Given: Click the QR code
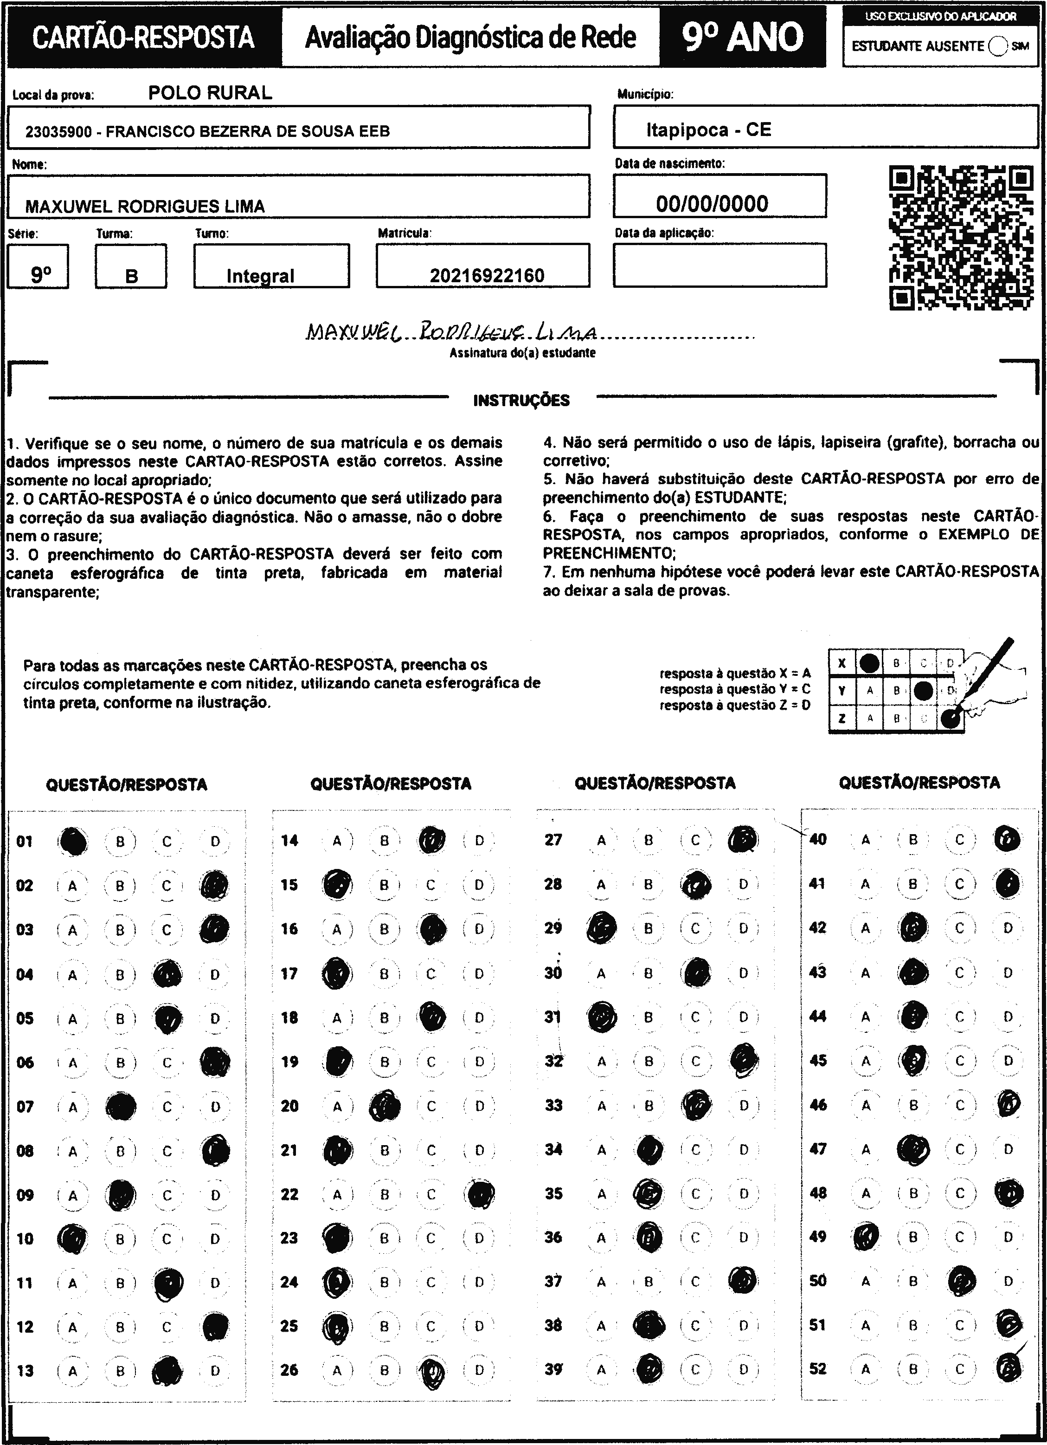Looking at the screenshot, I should [960, 238].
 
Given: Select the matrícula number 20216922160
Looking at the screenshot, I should [487, 275].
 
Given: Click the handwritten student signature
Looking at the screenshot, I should [452, 332].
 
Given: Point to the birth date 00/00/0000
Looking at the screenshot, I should [712, 204].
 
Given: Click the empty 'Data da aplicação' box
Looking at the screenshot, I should [719, 265].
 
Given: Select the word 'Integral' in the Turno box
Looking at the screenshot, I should [261, 276].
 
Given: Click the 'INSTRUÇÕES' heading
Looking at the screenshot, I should [521, 400].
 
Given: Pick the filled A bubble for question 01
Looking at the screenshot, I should [73, 841].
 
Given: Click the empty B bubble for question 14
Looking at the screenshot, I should [384, 840].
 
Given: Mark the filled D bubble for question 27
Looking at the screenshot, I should [743, 839].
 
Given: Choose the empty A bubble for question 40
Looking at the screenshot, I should [865, 840].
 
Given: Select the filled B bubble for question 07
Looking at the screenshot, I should [120, 1107].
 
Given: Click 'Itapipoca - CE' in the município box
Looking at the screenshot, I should [708, 130].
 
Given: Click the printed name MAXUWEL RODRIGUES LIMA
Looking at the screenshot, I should [145, 206].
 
